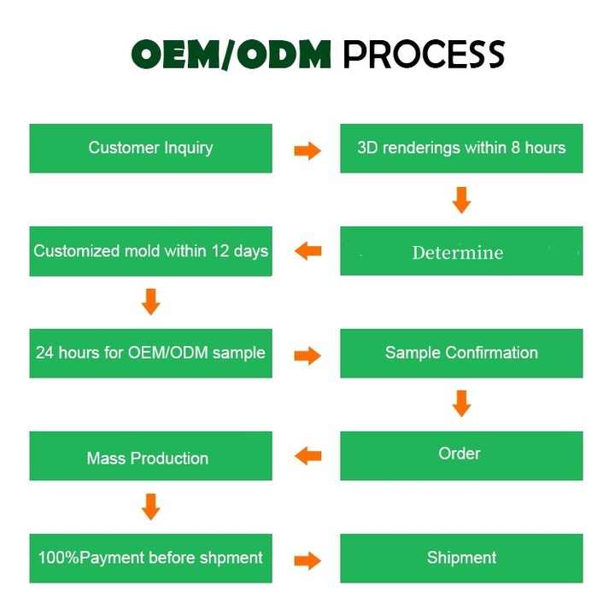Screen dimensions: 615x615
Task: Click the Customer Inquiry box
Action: (x=150, y=149)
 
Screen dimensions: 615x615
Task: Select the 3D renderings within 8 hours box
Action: (x=461, y=149)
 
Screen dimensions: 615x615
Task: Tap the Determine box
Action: (x=461, y=251)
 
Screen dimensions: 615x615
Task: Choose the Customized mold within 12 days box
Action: (x=150, y=251)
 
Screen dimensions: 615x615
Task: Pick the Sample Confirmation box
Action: (x=461, y=354)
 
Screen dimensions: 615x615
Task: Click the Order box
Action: (x=461, y=456)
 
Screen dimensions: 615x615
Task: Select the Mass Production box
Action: (x=150, y=456)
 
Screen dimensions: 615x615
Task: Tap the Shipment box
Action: (x=461, y=558)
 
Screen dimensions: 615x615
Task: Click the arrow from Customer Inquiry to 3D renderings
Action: (x=307, y=150)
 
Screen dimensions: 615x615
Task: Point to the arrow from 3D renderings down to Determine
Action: (x=461, y=200)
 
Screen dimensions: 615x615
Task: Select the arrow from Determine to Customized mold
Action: (x=307, y=250)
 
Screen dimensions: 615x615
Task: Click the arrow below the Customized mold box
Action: (x=150, y=302)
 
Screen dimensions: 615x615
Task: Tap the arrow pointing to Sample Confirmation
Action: (x=307, y=355)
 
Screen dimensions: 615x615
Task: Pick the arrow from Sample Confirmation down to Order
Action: (x=461, y=403)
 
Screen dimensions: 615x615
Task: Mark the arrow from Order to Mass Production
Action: (x=307, y=456)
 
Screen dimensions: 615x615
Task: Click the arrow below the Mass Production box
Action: (x=150, y=507)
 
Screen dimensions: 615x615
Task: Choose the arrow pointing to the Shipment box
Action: (x=307, y=561)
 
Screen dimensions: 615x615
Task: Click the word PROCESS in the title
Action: (x=424, y=55)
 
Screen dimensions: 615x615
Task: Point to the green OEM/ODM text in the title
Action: (x=231, y=55)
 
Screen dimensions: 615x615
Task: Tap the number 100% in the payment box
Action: (x=59, y=558)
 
